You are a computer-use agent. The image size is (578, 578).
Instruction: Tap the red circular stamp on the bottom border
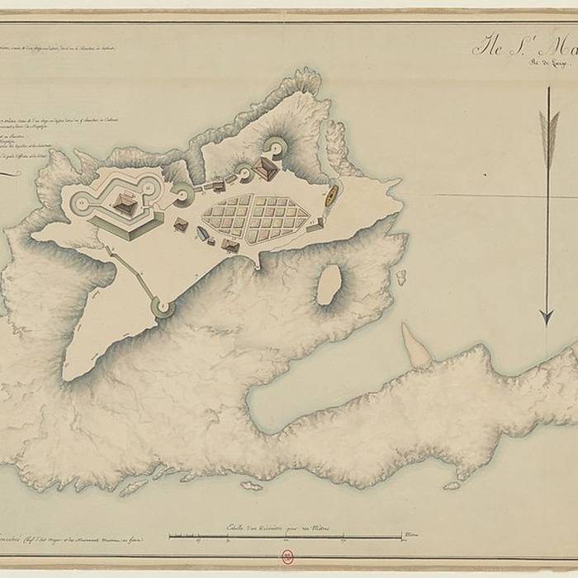(289, 557)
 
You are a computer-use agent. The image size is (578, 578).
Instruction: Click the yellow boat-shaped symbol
(329, 195)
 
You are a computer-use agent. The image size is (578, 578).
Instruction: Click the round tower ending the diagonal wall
(162, 308)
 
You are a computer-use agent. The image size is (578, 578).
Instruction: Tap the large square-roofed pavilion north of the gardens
(267, 168)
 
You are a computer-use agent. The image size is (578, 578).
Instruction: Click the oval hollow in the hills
(329, 285)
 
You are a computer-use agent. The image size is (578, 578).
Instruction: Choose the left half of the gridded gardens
(228, 217)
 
